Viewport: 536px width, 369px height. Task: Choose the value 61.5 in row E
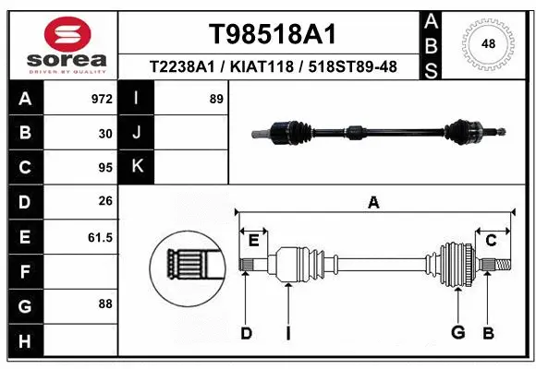100,237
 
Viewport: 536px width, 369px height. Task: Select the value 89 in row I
216,98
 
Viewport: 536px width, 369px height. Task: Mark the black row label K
138,167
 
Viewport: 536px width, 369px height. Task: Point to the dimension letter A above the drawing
373,203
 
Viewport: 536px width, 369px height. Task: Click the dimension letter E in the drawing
253,241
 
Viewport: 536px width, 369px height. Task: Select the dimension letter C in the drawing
492,241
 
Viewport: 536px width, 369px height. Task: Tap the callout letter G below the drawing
457,333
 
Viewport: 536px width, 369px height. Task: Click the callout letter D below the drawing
246,333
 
